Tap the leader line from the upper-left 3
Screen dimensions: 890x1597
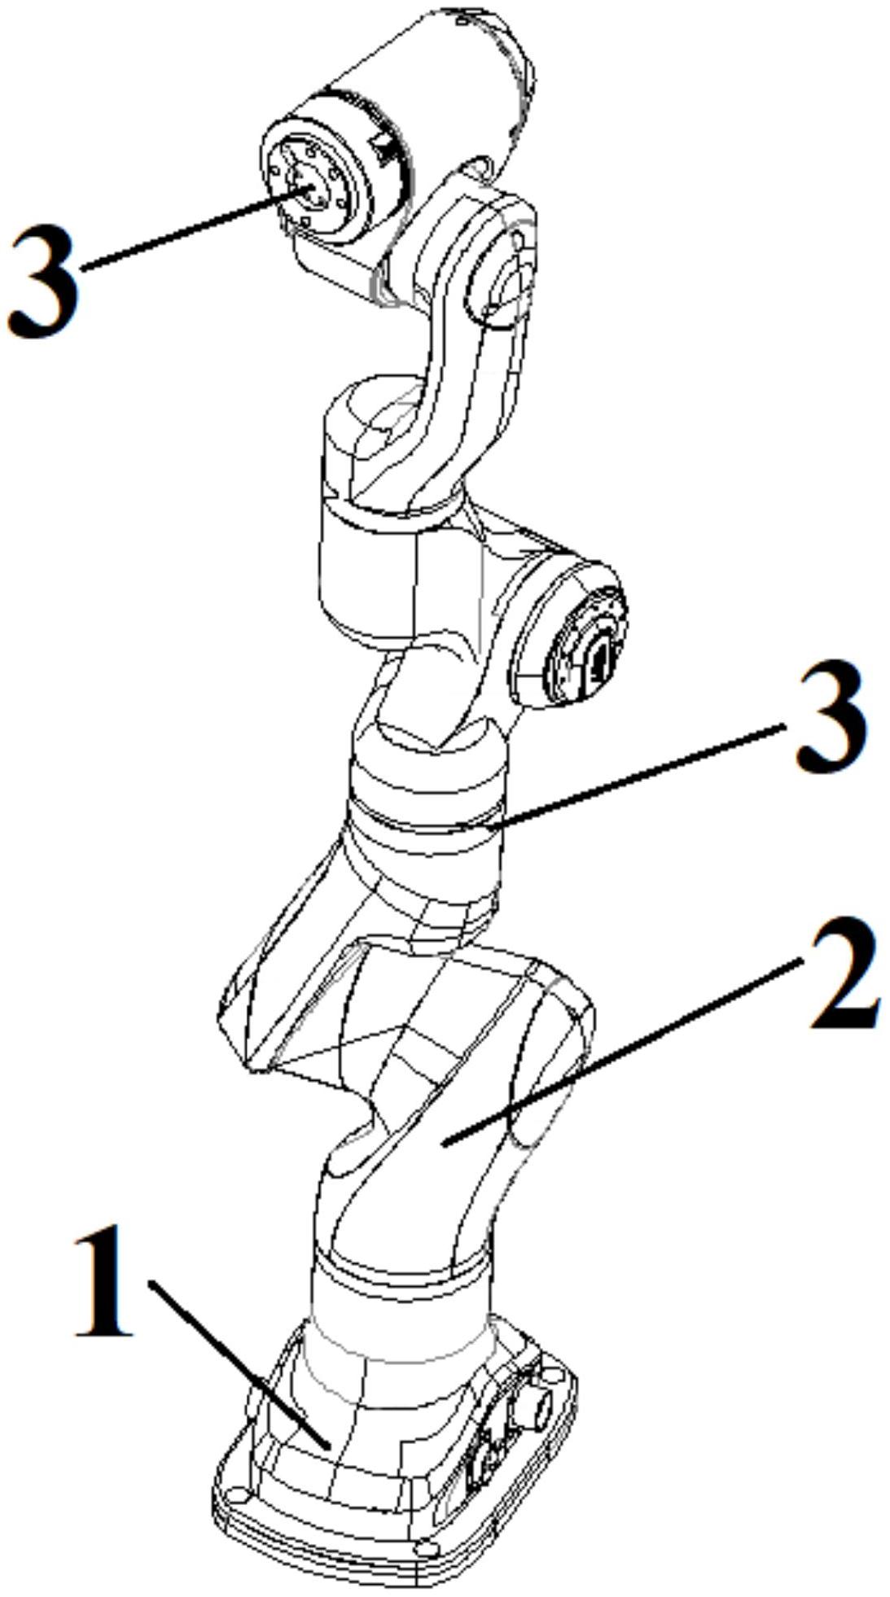tap(195, 228)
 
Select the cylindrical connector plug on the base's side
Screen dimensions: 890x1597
tap(538, 1407)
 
